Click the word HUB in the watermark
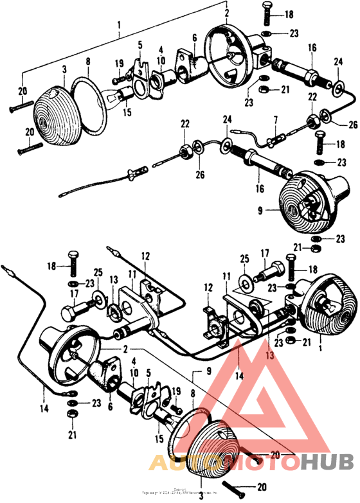[x=325, y=462]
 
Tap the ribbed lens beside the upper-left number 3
[x=57, y=115]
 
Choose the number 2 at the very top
[x=227, y=12]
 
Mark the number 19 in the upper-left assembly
[x=119, y=63]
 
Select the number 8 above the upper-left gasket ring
[x=89, y=62]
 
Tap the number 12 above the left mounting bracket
[x=145, y=256]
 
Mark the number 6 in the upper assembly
[x=194, y=37]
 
